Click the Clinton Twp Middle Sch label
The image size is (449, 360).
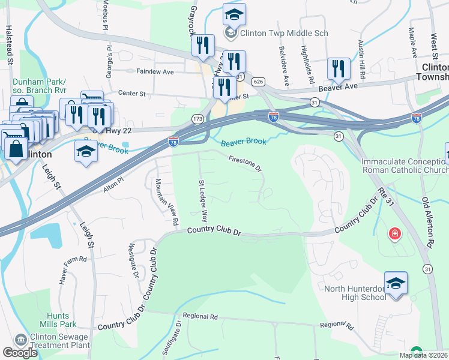pos(284,34)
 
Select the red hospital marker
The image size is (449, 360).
pos(394,233)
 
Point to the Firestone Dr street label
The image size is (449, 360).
pos(246,163)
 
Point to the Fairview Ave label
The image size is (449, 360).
pos(155,72)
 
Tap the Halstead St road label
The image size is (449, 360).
pos(9,43)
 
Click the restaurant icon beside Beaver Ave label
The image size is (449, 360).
pos(339,69)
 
